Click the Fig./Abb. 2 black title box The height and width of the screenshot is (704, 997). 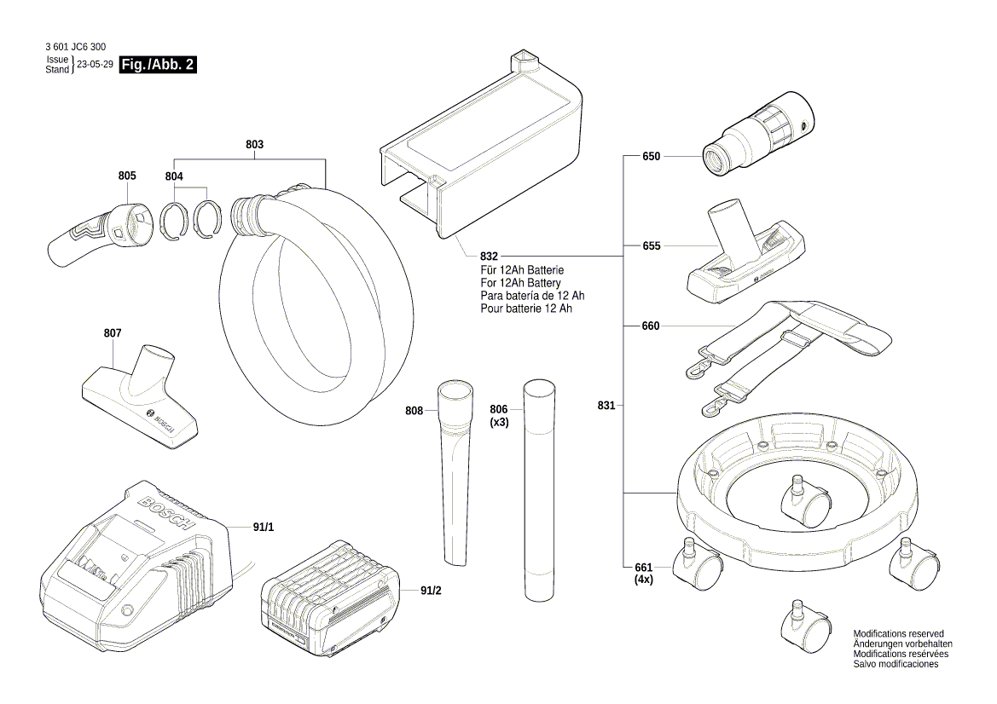[x=158, y=65]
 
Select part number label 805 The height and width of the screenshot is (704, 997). [x=127, y=176]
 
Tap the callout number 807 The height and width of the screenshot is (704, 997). [x=113, y=333]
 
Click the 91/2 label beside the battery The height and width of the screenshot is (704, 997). [x=431, y=589]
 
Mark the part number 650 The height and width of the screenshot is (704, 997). [x=652, y=156]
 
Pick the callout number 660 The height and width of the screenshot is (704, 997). [x=652, y=326]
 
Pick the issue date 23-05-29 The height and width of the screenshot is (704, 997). [x=95, y=65]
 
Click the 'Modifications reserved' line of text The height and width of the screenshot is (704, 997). [x=899, y=634]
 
